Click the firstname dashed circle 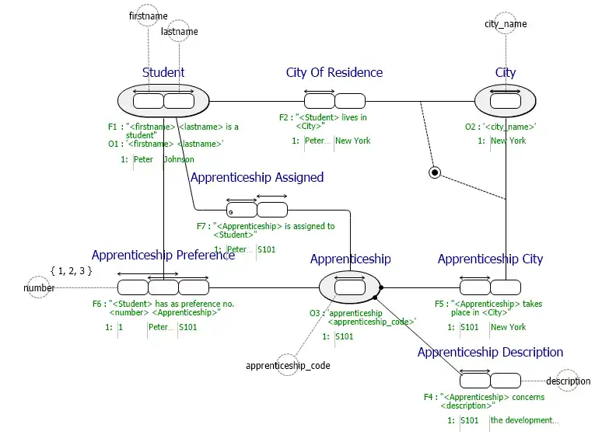point(148,16)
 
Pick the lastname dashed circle point(179,32)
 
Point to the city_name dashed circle point(506,24)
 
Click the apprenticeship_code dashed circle point(287,364)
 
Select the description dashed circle point(567,381)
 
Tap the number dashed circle point(39,287)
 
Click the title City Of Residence point(334,72)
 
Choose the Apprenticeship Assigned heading point(257,177)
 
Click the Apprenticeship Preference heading point(163,255)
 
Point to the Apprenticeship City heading point(490,259)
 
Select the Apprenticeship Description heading point(490,352)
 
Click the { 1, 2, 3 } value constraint point(71,270)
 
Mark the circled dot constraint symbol point(436,172)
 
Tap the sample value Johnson point(179,159)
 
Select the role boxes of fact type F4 point(490,381)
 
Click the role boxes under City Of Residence point(334,101)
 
